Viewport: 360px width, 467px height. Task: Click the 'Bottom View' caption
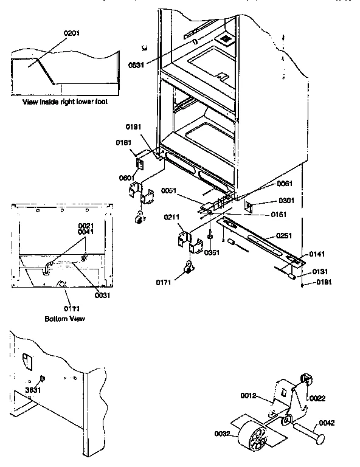pyautogui.click(x=65, y=319)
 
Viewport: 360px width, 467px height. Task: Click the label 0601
pyautogui.click(x=128, y=178)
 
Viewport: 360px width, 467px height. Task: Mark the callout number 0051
pyautogui.click(x=170, y=190)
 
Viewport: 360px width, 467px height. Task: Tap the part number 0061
pyautogui.click(x=285, y=184)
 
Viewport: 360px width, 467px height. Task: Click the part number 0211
pyautogui.click(x=172, y=217)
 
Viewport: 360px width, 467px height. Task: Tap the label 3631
pyautogui.click(x=33, y=390)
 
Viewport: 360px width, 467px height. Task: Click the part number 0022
pyautogui.click(x=317, y=398)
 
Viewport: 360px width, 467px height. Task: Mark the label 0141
pyautogui.click(x=317, y=254)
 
